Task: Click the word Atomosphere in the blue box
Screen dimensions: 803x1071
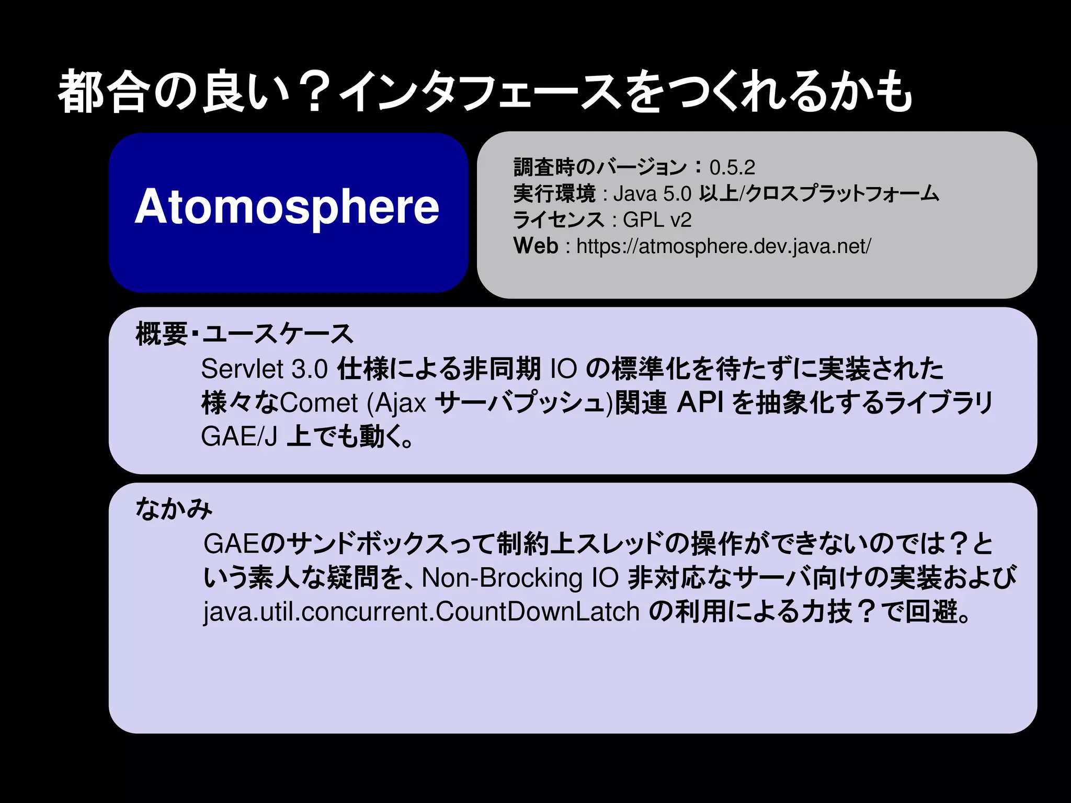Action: (287, 207)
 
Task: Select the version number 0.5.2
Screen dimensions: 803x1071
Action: (732, 168)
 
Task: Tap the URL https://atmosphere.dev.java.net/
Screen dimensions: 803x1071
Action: (723, 246)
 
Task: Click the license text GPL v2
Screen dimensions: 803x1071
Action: (657, 220)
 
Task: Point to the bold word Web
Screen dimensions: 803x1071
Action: (536, 246)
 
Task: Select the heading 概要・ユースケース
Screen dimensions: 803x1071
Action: (244, 334)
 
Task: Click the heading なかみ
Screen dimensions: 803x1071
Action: (174, 509)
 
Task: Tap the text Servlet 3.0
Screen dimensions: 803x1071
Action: (264, 369)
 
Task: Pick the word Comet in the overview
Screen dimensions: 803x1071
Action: (319, 403)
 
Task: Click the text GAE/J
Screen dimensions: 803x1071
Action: (239, 437)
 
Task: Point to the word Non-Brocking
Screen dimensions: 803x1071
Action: (502, 578)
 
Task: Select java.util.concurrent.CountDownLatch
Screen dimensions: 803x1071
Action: (421, 612)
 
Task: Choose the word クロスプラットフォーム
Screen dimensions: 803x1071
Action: (842, 194)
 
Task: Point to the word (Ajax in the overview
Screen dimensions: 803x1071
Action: (396, 403)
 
